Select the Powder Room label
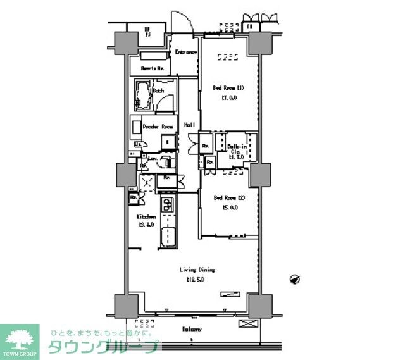pyautogui.click(x=158, y=127)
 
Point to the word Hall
pyautogui.click(x=189, y=125)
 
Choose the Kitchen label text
pyautogui.click(x=147, y=216)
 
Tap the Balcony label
pyautogui.click(x=192, y=329)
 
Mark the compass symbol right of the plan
pyautogui.click(x=294, y=278)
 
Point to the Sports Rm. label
pyautogui.click(x=153, y=67)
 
